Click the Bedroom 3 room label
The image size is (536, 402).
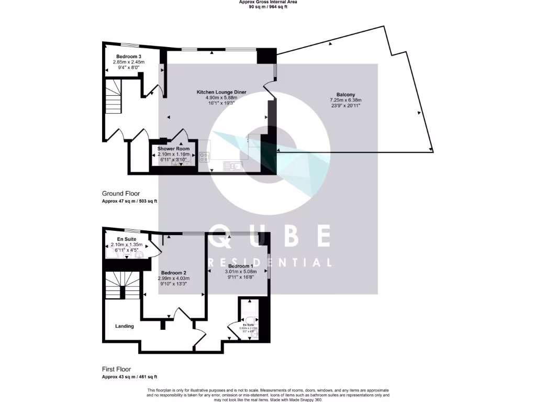click(128, 57)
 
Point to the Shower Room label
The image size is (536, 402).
click(173, 149)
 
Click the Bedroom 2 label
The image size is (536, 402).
click(174, 273)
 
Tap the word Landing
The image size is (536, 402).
click(125, 326)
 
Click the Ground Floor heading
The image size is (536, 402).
click(121, 194)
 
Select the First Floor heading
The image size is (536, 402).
click(116, 369)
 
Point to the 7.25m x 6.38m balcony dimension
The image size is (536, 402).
click(345, 100)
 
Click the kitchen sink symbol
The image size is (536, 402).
click(231, 166)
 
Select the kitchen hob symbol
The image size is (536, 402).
click(204, 155)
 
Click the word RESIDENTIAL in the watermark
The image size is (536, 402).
click(270, 263)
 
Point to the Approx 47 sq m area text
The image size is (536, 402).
click(129, 201)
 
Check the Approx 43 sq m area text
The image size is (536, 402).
click(129, 376)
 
